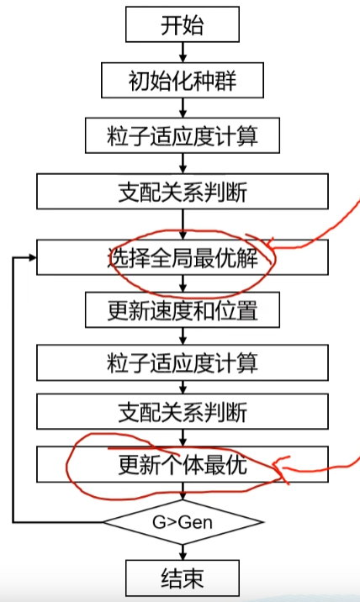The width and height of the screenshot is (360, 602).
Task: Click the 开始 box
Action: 183,24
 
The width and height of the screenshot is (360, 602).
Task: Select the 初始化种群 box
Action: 183,80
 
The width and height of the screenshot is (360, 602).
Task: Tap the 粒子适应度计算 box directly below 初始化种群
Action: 183,135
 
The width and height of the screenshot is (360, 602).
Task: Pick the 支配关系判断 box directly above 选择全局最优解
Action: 183,191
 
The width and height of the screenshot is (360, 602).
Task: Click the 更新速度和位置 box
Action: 183,310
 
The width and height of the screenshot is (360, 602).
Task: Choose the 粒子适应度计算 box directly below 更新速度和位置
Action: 183,362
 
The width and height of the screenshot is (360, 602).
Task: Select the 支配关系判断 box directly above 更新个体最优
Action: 183,412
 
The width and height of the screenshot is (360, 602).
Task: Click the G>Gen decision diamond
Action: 183,522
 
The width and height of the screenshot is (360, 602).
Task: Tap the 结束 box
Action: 183,578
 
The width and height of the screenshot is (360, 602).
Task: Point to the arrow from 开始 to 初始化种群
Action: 183,52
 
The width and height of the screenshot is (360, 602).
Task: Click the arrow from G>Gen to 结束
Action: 183,552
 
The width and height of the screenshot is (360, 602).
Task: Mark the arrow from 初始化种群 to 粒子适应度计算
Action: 183,108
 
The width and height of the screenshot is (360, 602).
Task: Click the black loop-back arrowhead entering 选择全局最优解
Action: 33,257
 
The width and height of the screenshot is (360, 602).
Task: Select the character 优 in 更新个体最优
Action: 236,465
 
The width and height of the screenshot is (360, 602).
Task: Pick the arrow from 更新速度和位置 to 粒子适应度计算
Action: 183,336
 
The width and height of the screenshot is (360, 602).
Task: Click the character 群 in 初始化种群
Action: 225,81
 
